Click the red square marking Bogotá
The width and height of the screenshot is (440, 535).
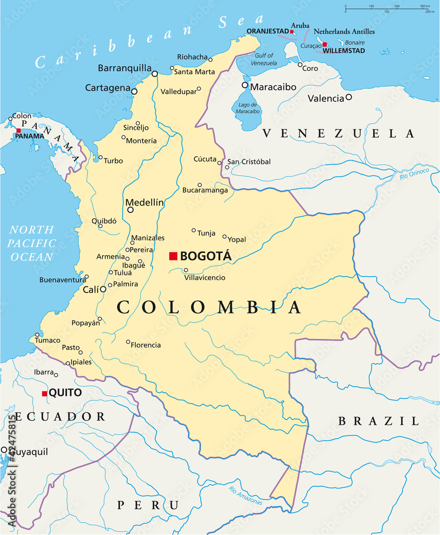173,256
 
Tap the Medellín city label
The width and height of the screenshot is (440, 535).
144,202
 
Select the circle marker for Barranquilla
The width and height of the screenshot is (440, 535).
155,74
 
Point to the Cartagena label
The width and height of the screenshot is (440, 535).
108,88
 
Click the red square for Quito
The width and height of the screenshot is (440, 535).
44,394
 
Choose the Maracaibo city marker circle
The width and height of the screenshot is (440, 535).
245,85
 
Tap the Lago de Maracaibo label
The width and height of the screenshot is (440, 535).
247,108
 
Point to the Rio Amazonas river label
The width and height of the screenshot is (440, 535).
245,495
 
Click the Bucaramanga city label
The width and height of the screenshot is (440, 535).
205,190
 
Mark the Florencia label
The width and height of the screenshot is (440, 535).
146,345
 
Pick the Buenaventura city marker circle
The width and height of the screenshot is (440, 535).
87,277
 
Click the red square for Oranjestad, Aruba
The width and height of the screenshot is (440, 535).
292,32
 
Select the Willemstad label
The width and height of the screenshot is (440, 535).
346,51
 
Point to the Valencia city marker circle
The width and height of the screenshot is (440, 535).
348,97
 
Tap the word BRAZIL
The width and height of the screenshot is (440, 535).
378,422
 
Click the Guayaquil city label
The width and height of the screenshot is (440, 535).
27,452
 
